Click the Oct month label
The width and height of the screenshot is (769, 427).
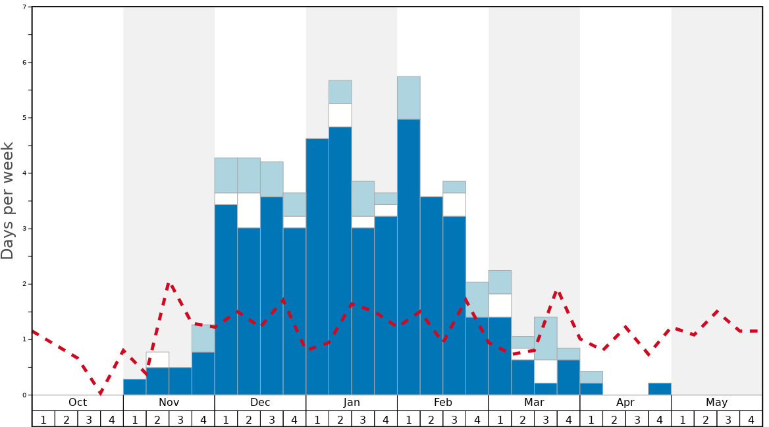[78, 403]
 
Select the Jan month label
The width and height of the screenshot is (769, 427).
[352, 403]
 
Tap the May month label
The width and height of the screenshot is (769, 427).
[717, 403]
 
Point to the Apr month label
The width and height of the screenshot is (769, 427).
[625, 403]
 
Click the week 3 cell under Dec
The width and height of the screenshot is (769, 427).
[272, 419]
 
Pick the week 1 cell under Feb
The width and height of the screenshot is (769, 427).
[409, 419]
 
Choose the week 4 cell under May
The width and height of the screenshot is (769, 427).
[751, 419]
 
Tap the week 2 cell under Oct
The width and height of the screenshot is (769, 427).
[66, 419]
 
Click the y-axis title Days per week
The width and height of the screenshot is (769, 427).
[8, 200]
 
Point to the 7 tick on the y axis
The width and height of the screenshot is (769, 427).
[24, 7]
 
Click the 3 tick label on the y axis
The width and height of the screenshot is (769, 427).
[24, 229]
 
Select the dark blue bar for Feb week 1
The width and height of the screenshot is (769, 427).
[409, 257]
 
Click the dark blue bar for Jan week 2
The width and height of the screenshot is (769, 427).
[340, 260]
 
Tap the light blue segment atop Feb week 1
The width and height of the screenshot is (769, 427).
[409, 98]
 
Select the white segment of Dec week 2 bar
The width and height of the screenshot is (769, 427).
[249, 210]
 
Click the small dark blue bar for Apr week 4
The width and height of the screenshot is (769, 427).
[660, 389]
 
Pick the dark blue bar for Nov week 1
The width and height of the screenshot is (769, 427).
[135, 387]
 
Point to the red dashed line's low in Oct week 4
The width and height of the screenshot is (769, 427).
[100, 394]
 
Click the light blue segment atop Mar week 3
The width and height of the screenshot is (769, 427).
[546, 338]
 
